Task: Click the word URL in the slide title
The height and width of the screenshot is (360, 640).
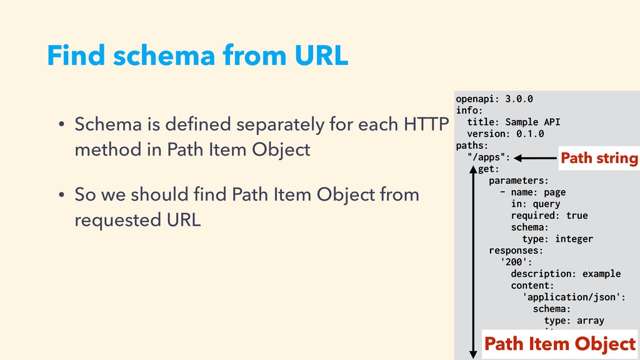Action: [x=321, y=55]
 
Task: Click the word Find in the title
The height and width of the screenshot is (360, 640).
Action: [x=76, y=55]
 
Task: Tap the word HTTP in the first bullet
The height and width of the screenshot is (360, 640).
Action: [x=426, y=124]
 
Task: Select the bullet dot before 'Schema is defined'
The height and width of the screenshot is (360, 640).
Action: [x=61, y=124]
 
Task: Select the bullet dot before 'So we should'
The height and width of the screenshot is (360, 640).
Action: [x=61, y=195]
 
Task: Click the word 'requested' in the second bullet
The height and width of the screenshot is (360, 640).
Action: [x=117, y=221]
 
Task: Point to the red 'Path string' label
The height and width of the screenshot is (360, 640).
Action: [x=599, y=158]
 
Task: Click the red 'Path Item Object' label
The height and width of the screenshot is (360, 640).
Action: [x=560, y=344]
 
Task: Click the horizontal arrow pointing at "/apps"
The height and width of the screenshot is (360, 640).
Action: [x=535, y=158]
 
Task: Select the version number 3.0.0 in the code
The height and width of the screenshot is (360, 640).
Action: [x=519, y=99]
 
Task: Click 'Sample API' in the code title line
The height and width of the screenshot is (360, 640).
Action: [x=532, y=122]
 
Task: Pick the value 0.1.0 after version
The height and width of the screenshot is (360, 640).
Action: [x=530, y=134]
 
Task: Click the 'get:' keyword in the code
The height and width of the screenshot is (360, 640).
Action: [x=489, y=169]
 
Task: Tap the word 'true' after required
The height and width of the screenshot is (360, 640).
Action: [x=577, y=216]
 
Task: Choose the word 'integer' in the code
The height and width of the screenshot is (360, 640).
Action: [x=574, y=239]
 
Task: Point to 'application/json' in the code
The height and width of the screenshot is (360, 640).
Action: [x=571, y=297]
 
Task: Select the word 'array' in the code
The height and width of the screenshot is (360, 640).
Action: [x=590, y=321]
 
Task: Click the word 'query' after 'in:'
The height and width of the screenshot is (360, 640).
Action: [x=546, y=204]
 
